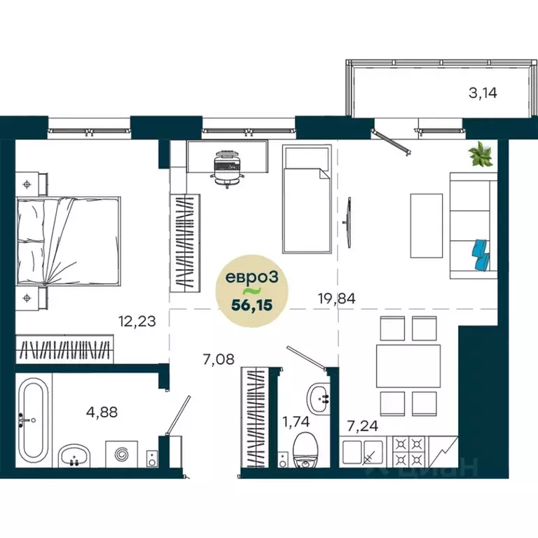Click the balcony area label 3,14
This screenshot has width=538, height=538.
[484, 92]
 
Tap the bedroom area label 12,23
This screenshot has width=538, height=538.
[137, 322]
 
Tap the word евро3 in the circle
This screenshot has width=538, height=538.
[251, 277]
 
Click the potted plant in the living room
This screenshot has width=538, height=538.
[481, 154]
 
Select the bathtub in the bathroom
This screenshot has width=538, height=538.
[33, 419]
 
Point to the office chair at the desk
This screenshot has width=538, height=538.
[226, 167]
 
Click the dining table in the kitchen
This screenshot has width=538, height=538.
[408, 365]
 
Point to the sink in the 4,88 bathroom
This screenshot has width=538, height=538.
[74, 456]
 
